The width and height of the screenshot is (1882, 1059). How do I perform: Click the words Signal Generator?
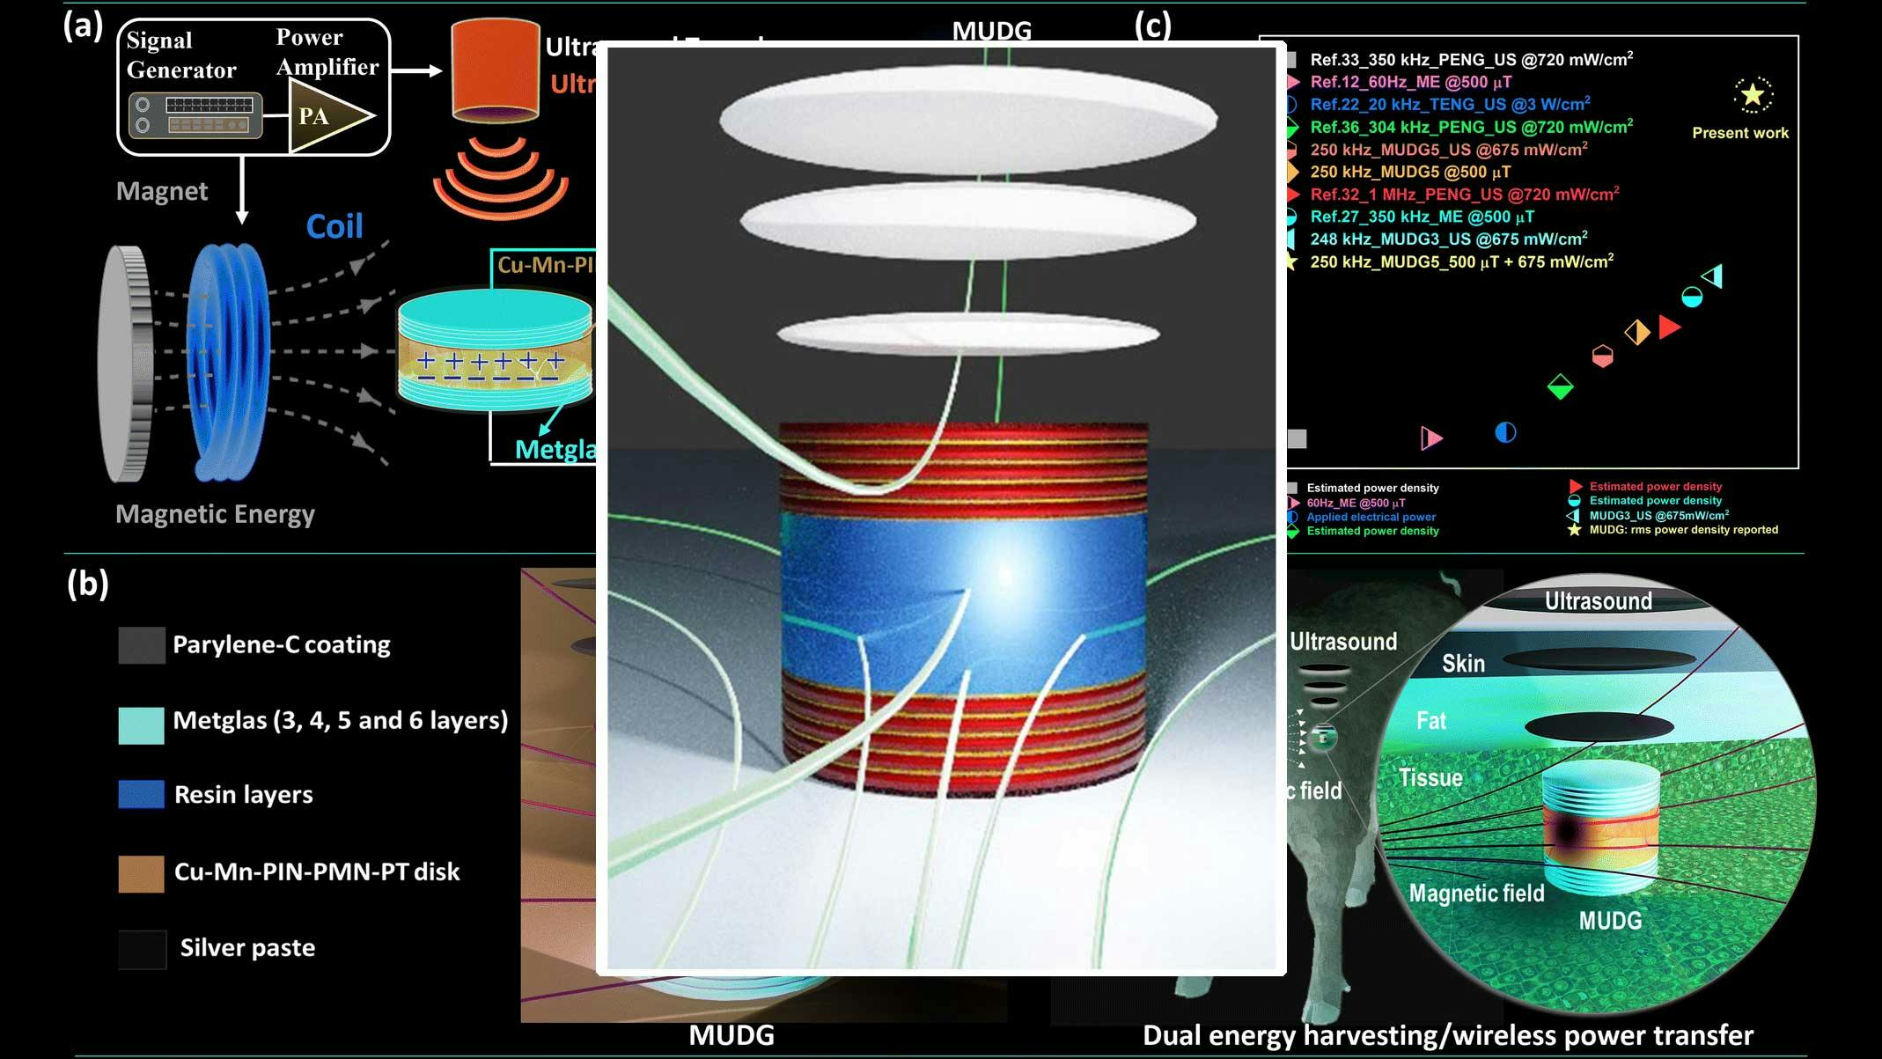tap(180, 55)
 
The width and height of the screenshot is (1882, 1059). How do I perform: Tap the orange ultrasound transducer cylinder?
tap(495, 70)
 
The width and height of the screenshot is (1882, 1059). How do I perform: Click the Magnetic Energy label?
tap(215, 514)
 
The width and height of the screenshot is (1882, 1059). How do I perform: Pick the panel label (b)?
tap(87, 584)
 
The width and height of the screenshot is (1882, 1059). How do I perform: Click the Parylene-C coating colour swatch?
tap(141, 645)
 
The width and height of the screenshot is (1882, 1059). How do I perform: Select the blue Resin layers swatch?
tap(141, 794)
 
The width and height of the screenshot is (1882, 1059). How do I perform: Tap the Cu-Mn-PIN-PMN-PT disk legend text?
tap(317, 871)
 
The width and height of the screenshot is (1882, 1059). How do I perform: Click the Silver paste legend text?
tap(247, 947)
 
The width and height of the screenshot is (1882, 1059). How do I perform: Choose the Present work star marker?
tap(1753, 95)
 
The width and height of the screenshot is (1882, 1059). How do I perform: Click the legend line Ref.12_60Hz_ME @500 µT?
tap(1410, 82)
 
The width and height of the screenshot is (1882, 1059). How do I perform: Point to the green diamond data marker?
tap(1560, 386)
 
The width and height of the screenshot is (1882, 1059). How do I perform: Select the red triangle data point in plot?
tap(1668, 327)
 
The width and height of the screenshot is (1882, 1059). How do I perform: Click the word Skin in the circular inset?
tap(1463, 663)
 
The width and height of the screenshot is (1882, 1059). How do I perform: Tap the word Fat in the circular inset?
tap(1431, 721)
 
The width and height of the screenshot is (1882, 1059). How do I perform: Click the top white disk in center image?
tap(968, 119)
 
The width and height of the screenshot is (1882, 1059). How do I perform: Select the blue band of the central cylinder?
tap(964, 599)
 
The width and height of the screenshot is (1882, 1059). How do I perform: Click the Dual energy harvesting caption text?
tap(1447, 1035)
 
